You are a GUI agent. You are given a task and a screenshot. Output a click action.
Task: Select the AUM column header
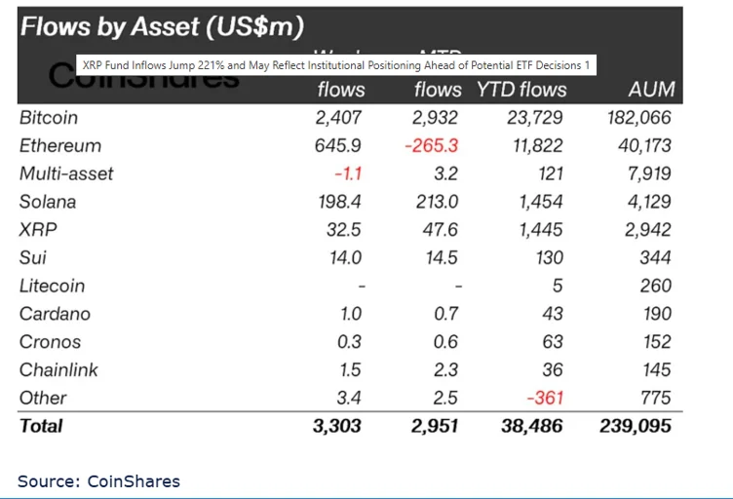650,90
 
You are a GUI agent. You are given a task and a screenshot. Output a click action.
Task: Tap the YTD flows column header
521,90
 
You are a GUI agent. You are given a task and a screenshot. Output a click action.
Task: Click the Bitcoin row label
48,118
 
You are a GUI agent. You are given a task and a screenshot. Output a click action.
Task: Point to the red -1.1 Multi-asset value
347,174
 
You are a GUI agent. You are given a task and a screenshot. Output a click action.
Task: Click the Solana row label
47,203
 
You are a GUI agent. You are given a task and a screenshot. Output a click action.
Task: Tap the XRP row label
37,230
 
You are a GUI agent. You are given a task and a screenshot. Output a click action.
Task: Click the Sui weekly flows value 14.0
345,258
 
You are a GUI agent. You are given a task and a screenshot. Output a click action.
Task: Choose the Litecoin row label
52,287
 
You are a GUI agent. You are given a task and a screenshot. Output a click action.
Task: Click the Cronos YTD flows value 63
554,342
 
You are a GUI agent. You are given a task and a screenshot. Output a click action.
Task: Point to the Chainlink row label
58,370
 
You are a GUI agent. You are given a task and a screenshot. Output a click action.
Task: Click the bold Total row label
41,426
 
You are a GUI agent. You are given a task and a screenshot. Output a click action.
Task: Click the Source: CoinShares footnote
98,480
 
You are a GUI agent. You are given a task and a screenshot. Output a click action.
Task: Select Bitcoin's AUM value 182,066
637,118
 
